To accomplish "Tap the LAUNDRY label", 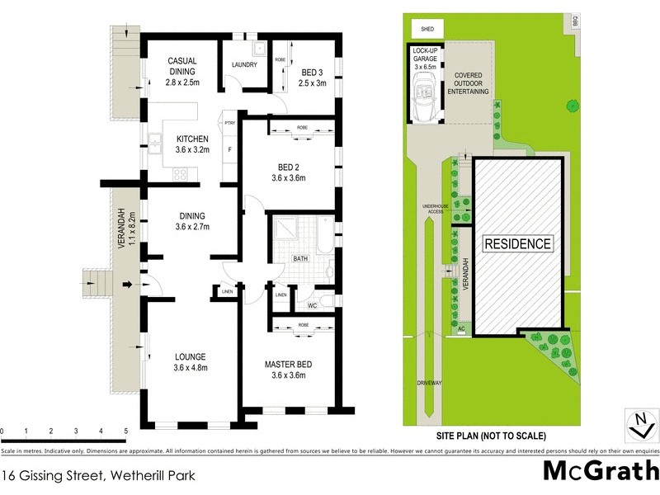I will (246, 64).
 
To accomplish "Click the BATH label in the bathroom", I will (302, 258).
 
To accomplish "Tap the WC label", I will (312, 306).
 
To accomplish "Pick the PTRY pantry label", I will (230, 122).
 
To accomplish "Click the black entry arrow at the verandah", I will (127, 285).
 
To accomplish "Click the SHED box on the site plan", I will (427, 29).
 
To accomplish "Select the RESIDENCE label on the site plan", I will (516, 244).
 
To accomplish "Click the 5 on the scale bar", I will (125, 431).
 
